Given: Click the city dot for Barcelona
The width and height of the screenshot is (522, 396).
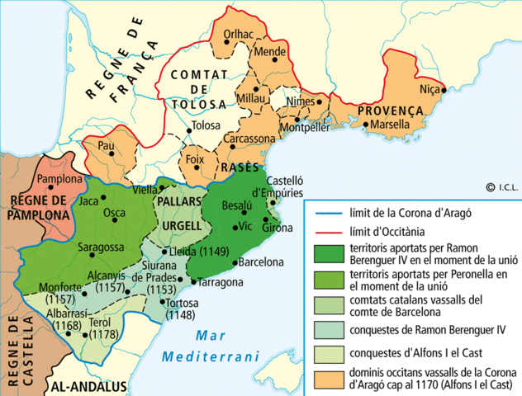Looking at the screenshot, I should pos(232,263).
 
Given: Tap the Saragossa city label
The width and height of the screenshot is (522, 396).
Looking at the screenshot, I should pos(101,247).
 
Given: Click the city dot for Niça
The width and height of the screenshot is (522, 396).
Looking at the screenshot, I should pos(444,90).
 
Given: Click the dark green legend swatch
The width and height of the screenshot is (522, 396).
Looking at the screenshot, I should pos(328,253).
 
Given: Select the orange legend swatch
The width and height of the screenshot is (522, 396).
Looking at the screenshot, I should pos(328,377).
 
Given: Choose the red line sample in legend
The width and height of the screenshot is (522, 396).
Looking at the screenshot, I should pos(328,232).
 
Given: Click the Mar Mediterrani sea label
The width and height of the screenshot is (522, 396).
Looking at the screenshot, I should pos(211,346).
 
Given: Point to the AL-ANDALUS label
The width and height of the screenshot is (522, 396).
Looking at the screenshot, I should pos(89,386).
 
